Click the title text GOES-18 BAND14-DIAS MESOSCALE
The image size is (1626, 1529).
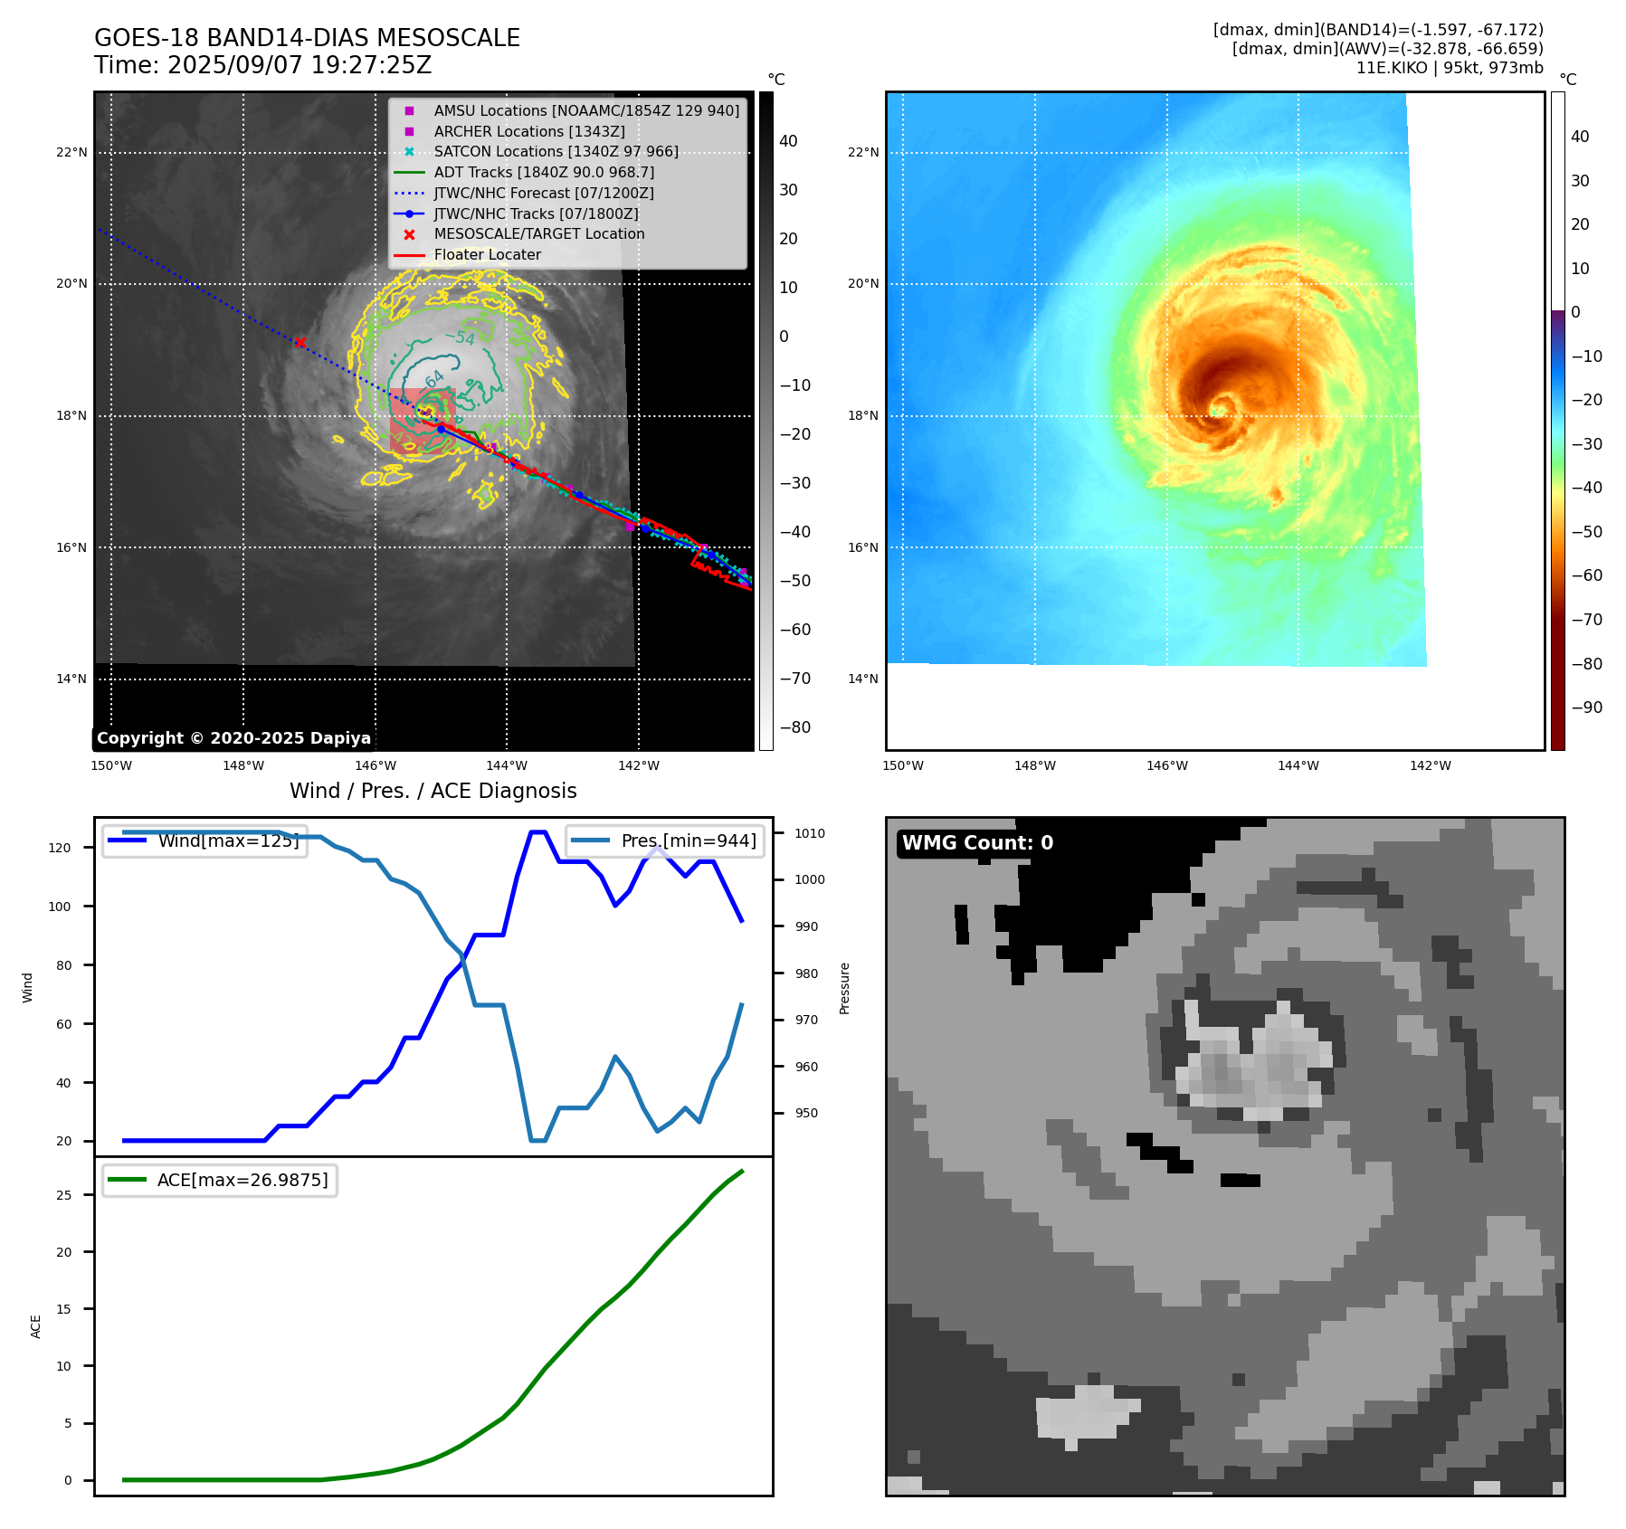(x=307, y=38)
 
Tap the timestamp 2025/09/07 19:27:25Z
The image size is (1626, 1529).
(x=300, y=66)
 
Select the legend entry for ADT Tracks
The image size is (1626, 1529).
(x=543, y=172)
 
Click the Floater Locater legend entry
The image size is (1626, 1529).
(x=487, y=255)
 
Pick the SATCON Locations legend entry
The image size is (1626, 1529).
(x=556, y=151)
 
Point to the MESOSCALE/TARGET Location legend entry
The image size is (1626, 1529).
(x=538, y=233)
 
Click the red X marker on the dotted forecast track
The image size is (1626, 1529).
(x=300, y=342)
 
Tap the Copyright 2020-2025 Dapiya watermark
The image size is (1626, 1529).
(x=233, y=738)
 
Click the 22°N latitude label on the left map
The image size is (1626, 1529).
(x=71, y=152)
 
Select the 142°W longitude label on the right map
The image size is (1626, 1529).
(x=1430, y=765)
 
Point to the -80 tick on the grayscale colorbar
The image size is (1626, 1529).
(x=795, y=727)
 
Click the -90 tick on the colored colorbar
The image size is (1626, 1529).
(x=1586, y=708)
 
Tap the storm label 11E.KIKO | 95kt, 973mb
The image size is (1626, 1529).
(x=1450, y=68)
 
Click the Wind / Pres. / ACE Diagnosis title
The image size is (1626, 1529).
(x=433, y=791)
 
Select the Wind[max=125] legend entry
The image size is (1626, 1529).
(x=228, y=840)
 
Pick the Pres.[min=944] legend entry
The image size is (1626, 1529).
(x=688, y=840)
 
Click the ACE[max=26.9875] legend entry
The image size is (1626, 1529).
(x=242, y=1180)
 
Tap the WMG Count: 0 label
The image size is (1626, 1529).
(x=977, y=843)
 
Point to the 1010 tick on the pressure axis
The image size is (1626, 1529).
(x=810, y=833)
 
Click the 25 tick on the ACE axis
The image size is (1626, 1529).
(x=64, y=1195)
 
